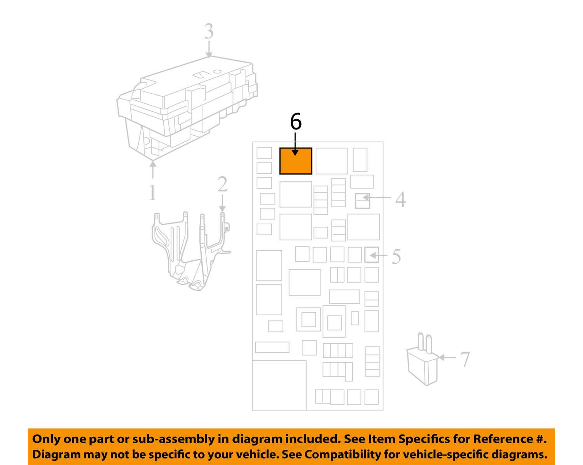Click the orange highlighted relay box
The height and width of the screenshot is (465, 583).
click(x=295, y=161)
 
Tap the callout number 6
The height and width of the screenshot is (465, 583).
click(x=295, y=122)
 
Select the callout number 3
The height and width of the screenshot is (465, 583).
click(x=209, y=31)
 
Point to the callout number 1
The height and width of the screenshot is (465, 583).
click(x=152, y=192)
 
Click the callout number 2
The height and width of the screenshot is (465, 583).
click(x=222, y=184)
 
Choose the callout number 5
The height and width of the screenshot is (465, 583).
click(x=396, y=256)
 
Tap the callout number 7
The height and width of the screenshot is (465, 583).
click(x=465, y=359)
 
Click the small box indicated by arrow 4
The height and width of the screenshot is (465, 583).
click(x=363, y=201)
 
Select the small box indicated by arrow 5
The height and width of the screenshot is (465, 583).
click(x=372, y=255)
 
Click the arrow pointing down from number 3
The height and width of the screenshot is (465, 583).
click(x=209, y=49)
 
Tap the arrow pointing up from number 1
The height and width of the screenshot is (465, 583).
click(x=153, y=170)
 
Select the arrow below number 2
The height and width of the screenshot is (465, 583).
click(x=222, y=203)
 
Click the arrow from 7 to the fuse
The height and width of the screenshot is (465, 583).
click(x=447, y=358)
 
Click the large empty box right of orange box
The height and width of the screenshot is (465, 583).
click(x=332, y=161)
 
